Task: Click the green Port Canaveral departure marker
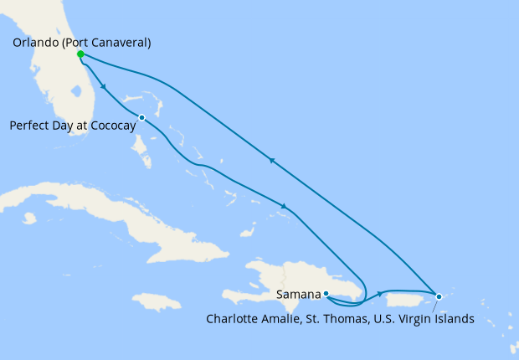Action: (80, 54)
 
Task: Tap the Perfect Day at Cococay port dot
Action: (142, 117)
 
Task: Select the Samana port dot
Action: (325, 294)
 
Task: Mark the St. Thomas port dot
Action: (439, 296)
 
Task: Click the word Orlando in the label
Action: (38, 43)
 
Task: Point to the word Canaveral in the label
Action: (121, 43)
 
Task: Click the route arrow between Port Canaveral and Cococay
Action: (103, 86)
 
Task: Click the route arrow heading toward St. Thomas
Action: (381, 293)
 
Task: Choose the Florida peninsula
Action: (59, 92)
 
